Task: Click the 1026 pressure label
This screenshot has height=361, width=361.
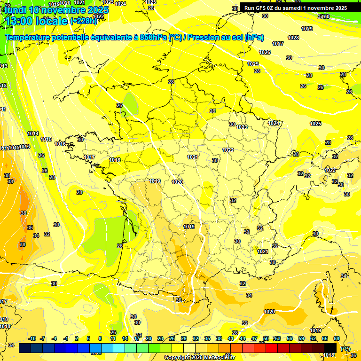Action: [265, 52]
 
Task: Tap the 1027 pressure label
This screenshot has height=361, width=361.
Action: [278, 44]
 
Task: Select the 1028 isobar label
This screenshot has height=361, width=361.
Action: [293, 38]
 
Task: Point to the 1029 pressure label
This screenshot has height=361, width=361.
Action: [307, 29]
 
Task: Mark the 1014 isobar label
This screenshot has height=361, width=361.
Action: [33, 133]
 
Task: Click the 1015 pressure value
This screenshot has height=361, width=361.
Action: [46, 139]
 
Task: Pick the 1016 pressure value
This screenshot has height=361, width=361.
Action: [60, 144]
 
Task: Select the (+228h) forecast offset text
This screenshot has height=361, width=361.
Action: [83, 21]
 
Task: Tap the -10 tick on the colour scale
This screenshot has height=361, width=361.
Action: [32, 338]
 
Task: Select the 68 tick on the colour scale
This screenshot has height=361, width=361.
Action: [337, 338]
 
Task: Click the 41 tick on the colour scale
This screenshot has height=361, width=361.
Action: [231, 338]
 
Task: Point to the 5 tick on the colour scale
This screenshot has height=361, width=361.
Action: [89, 338]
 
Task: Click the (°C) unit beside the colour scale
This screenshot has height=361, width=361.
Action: [345, 348]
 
